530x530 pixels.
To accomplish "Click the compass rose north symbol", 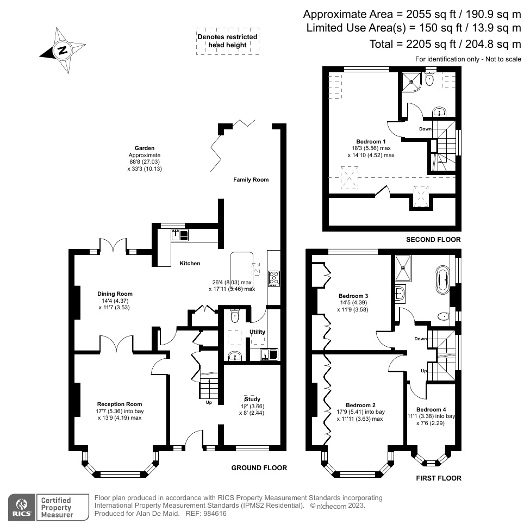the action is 63,51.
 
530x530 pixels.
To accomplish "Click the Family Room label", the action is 251,179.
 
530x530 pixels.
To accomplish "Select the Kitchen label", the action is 190,263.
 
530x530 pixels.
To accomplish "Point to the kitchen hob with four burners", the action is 273,279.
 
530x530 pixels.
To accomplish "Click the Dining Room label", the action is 115,294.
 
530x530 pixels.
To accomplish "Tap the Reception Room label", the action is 120,404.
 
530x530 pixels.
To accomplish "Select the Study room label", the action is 253,400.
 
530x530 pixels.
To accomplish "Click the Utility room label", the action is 257,332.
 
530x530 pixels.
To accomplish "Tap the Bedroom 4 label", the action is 431,409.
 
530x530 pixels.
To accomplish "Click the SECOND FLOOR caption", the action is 433,240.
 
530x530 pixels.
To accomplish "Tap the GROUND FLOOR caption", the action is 259,468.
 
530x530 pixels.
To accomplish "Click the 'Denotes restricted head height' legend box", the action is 228,41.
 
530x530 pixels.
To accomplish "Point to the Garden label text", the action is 145,148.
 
